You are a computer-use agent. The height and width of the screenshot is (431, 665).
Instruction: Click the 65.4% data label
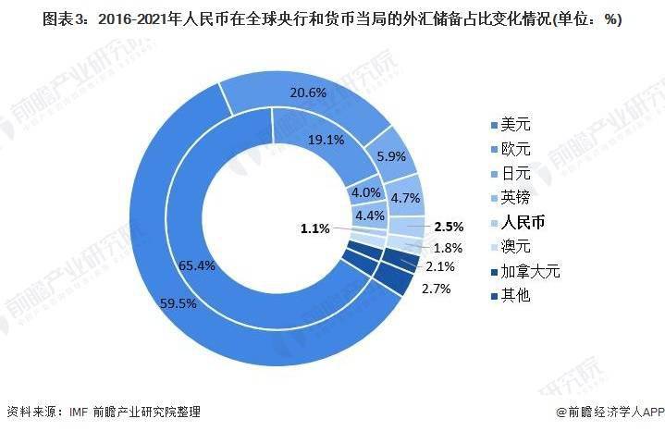coord(198,265)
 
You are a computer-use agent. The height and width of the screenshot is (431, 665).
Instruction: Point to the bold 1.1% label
coord(315,228)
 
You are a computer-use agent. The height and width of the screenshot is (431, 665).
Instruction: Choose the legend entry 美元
coord(517,123)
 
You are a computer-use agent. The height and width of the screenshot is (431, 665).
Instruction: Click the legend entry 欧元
coord(517,148)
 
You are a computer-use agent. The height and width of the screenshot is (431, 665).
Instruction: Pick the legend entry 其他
coord(517,296)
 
